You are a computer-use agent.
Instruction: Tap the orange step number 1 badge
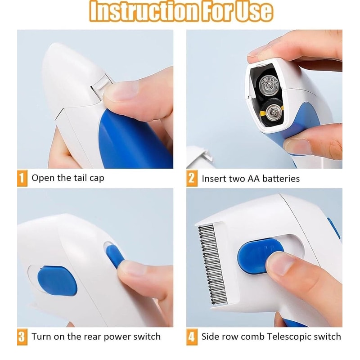point(22,178)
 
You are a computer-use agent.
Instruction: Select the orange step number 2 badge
point(192,178)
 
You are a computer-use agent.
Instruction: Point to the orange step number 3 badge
point(22,337)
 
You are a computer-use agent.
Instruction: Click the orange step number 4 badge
point(192,337)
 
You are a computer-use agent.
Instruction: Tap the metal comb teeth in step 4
point(212,261)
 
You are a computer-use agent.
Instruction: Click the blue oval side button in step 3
point(56,280)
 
